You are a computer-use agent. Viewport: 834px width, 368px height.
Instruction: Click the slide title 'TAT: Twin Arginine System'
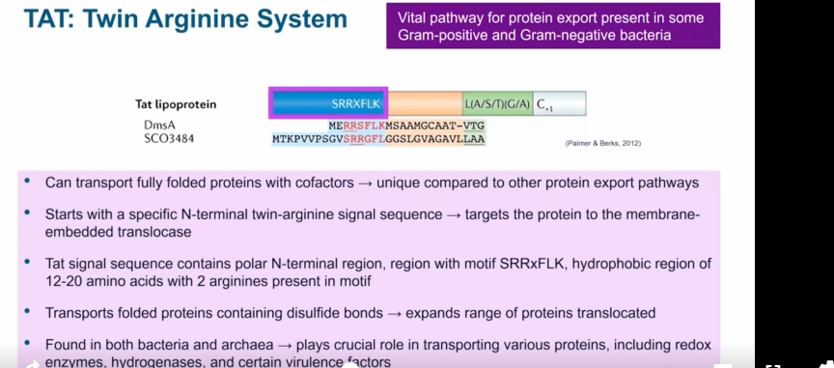tap(184, 20)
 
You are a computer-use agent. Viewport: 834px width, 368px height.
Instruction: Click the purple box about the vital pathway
tap(552, 27)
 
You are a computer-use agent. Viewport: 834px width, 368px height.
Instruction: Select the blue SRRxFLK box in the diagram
tap(328, 103)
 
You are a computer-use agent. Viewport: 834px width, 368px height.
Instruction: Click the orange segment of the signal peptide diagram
tap(425, 103)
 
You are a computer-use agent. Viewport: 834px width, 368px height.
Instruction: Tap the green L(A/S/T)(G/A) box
tap(496, 103)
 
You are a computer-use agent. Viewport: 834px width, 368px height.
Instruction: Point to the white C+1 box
tap(559, 103)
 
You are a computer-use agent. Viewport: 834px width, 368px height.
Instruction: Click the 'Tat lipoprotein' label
tap(176, 104)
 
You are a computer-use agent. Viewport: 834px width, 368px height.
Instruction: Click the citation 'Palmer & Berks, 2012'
tap(602, 143)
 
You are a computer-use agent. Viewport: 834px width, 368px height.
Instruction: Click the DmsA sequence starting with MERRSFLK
tap(406, 125)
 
